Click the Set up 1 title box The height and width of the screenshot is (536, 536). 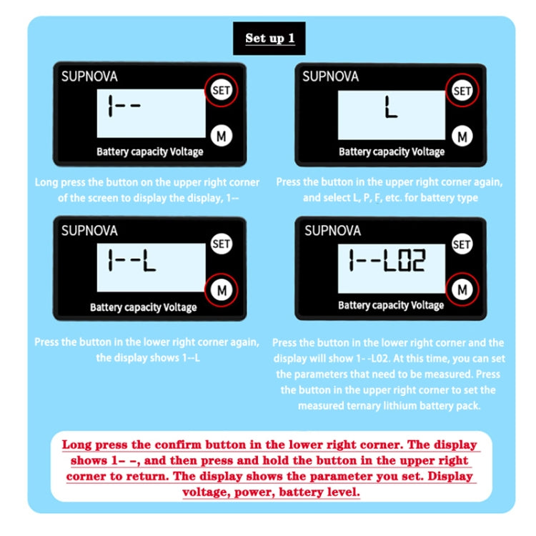tap(269, 39)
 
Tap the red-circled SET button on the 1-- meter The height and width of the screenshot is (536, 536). tap(221, 90)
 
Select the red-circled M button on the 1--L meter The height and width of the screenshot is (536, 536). tap(222, 290)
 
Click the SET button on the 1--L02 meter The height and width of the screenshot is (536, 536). tap(462, 244)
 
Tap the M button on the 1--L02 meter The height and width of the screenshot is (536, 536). tap(462, 290)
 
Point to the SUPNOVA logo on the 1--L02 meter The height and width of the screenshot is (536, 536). tap(332, 231)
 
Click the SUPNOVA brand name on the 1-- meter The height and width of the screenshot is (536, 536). tap(89, 76)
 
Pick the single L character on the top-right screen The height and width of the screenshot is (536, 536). tap(391, 107)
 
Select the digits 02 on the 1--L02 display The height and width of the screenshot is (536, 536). tap(413, 260)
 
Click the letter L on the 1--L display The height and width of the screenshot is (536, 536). tap(149, 260)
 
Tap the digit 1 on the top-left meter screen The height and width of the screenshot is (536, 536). tap(110, 106)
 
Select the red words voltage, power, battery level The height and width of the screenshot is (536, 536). tap(271, 492)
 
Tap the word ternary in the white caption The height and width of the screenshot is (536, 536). tap(363, 406)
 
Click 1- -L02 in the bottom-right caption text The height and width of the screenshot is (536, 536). tap(372, 359)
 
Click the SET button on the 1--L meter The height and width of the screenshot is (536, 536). tap(221, 244)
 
